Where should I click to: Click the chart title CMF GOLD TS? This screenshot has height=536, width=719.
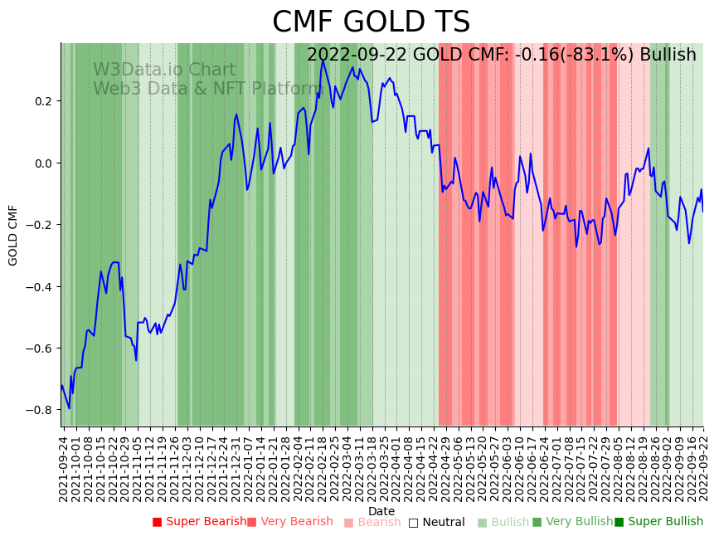pyautogui.click(x=371, y=22)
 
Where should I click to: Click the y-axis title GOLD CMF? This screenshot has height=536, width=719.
pyautogui.click(x=13, y=235)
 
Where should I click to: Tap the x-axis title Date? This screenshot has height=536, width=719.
pyautogui.click(x=381, y=511)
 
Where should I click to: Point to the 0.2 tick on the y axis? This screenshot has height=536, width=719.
pyautogui.click(x=42, y=101)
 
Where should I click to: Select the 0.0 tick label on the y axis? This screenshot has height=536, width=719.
pyautogui.click(x=42, y=163)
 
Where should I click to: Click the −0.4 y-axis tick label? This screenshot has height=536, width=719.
pyautogui.click(x=39, y=287)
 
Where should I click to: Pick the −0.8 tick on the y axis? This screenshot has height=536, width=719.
pyautogui.click(x=39, y=410)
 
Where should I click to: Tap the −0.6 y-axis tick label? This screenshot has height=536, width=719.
pyautogui.click(x=39, y=348)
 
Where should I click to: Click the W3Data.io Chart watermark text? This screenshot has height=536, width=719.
pyautogui.click(x=164, y=70)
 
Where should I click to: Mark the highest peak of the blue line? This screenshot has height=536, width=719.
pyautogui.click(x=323, y=61)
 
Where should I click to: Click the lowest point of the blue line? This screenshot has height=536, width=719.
pyautogui.click(x=69, y=408)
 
